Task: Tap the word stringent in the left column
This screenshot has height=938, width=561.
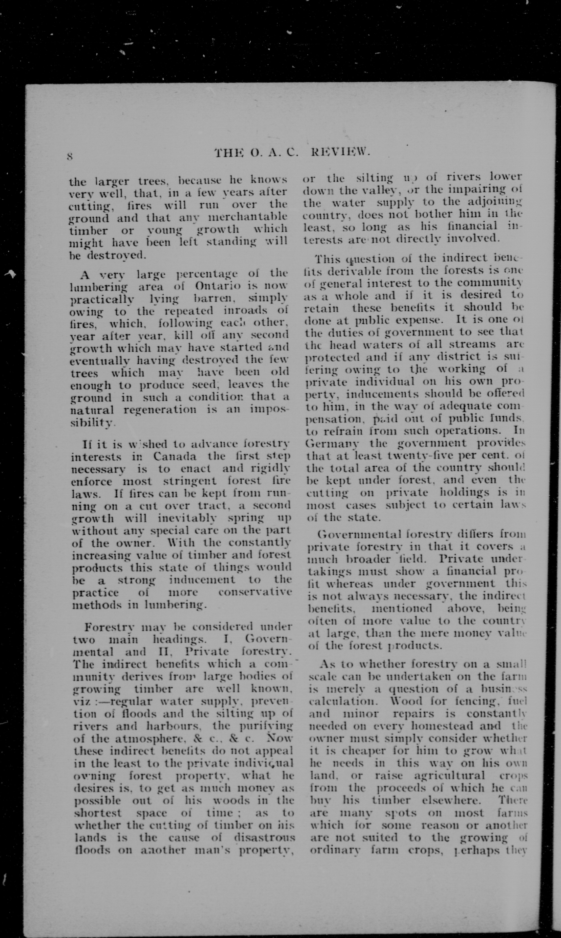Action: tap(191, 481)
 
